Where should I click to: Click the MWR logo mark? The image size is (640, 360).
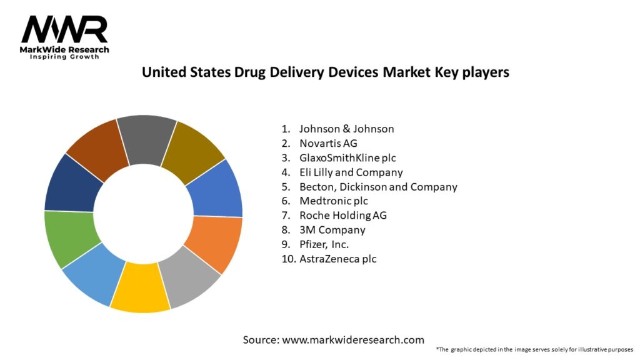click(x=64, y=30)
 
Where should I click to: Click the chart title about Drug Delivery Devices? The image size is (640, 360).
click(x=325, y=72)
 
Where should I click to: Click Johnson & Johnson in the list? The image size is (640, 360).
click(x=346, y=129)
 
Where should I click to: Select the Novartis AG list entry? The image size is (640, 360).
click(x=328, y=143)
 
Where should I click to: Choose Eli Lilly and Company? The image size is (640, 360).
click(x=351, y=172)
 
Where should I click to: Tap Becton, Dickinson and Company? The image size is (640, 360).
click(x=378, y=186)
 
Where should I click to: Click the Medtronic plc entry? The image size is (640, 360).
click(x=333, y=201)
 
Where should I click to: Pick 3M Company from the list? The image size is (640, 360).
click(x=332, y=229)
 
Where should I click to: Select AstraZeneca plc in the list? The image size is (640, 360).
click(x=337, y=258)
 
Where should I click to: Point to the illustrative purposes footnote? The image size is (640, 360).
click(x=534, y=349)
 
